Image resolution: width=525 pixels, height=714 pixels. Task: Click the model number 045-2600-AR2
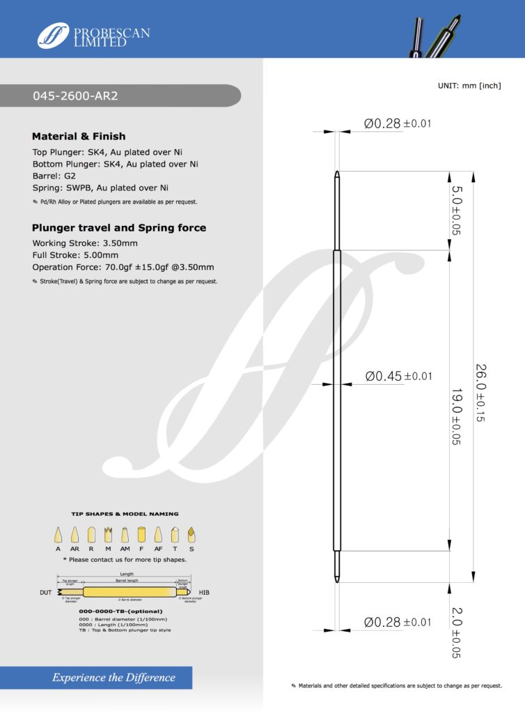[76, 96]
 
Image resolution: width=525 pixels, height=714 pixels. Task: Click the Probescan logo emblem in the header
[53, 36]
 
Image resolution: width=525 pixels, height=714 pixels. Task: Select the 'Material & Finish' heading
[79, 136]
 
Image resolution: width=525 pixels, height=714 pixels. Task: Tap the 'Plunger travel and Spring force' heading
[119, 228]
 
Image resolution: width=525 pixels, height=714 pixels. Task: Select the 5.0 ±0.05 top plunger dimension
[457, 210]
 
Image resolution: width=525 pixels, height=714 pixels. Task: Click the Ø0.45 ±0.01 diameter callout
[398, 377]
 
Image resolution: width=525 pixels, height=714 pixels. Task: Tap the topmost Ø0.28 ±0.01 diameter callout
[397, 124]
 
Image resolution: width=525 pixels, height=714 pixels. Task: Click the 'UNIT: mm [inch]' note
[469, 85]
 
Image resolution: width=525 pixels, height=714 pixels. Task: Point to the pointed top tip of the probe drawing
[337, 171]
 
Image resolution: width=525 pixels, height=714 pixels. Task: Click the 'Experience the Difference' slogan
[113, 677]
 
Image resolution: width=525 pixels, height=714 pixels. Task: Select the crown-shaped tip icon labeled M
[108, 535]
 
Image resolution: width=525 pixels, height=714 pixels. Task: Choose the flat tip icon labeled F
[141, 535]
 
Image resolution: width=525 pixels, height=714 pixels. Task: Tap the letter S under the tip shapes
[190, 549]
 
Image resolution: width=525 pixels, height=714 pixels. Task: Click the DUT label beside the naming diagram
[46, 593]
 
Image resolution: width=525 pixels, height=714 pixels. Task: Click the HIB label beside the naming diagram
[204, 593]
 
